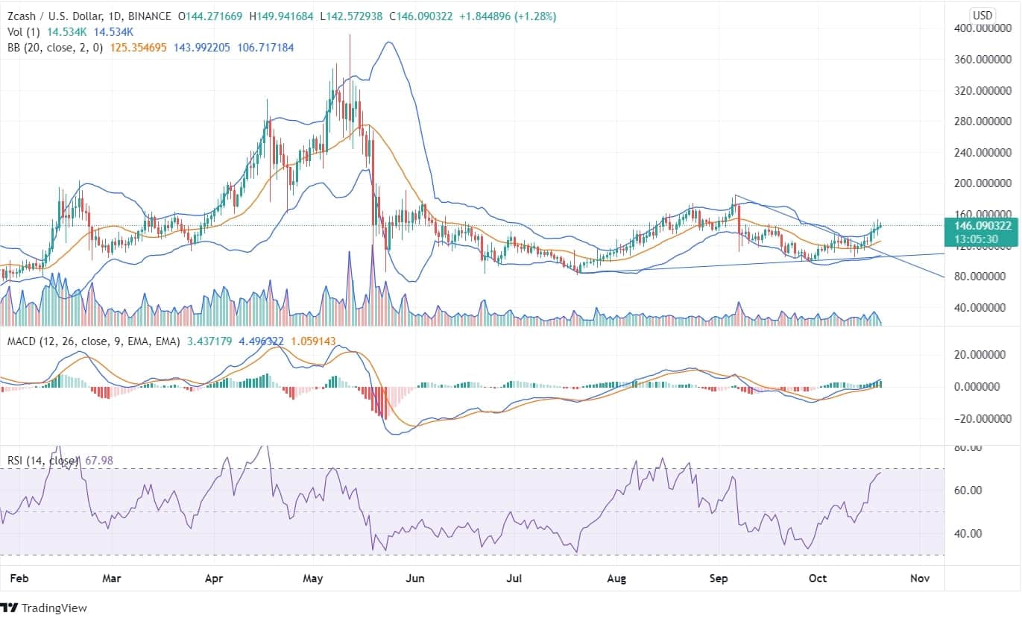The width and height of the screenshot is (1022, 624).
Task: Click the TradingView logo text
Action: click(54, 608)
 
